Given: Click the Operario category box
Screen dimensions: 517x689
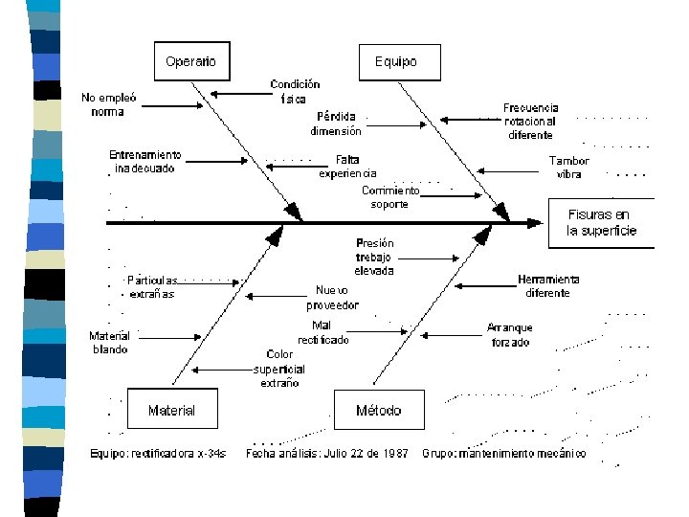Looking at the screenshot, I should (191, 61).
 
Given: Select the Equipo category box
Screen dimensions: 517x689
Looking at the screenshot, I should (395, 61).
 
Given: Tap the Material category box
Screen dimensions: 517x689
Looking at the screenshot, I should (171, 410).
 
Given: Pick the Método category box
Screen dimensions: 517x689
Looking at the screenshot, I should (378, 410).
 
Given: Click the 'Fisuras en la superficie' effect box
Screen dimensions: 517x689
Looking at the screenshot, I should (601, 223).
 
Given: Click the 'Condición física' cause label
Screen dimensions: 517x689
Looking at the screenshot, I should (295, 91).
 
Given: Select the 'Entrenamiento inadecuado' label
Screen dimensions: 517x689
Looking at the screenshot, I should (144, 161).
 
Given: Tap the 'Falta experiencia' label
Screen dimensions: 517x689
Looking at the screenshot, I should (347, 167).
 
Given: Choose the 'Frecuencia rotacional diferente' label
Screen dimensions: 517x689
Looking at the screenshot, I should (531, 122).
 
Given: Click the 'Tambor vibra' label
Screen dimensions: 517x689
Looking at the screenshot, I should (568, 168).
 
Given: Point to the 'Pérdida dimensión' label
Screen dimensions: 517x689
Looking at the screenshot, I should (336, 124).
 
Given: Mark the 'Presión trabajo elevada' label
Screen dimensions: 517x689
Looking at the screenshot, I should (374, 257).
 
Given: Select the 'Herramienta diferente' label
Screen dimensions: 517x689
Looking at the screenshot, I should (548, 285).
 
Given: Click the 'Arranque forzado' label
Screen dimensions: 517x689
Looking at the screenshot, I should (509, 334).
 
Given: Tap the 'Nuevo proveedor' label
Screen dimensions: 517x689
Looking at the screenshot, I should (332, 298).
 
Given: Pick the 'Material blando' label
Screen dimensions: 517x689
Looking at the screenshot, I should (109, 343).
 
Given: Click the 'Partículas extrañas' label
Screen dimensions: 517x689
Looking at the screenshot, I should (151, 287).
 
